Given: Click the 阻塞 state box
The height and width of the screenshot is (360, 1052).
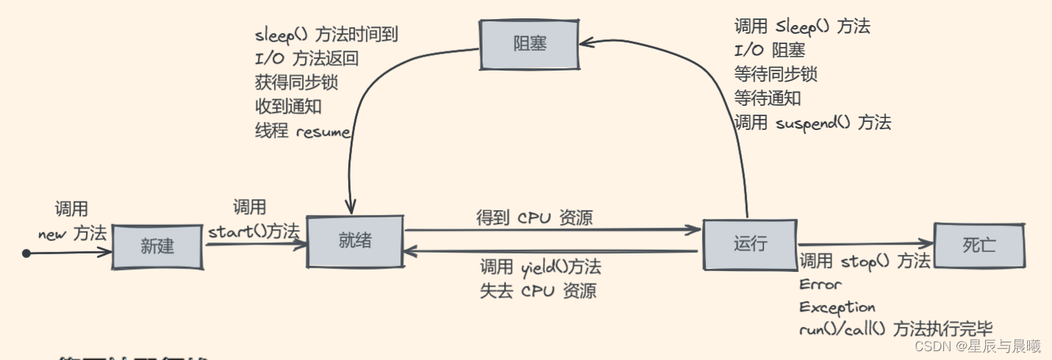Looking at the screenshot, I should pos(529,43).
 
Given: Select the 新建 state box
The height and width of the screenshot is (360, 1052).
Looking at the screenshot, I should pos(157,245).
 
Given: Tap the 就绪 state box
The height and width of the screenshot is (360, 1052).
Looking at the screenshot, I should pos(355,242).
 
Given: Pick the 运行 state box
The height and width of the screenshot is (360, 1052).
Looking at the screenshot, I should pos(749,244).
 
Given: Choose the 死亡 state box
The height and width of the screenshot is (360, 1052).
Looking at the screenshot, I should pos(980,245).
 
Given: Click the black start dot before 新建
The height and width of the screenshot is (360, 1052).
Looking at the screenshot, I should pos(26,253).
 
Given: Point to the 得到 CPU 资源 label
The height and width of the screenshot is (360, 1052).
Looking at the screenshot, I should pos(534,217).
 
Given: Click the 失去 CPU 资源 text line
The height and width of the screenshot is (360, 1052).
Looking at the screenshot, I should pos(538,290).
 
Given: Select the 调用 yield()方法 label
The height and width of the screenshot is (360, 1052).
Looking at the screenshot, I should pos(540,266).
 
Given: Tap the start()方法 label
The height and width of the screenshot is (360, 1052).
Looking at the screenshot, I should pos(253,231).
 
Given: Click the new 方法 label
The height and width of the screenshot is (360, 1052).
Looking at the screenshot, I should pos(72,234).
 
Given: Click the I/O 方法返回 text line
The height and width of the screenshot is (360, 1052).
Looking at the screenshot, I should pos(306,58).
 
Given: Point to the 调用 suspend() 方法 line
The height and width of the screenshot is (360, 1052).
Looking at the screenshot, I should pos(813,123).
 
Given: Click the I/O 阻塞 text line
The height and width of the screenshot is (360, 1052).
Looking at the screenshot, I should pos(769,50).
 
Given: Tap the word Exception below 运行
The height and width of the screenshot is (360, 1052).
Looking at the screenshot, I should pos(837,306).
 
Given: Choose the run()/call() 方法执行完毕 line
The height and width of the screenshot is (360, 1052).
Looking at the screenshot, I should pos(900,330).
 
